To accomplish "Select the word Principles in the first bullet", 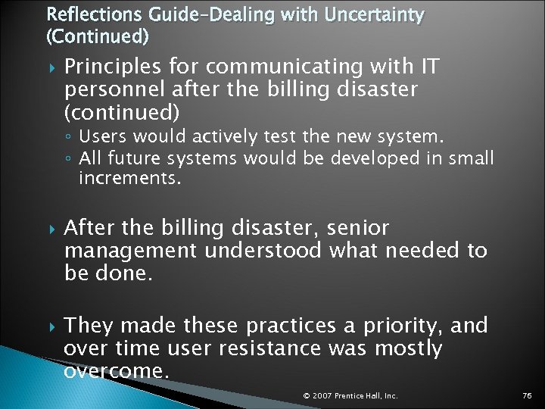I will coord(114,67).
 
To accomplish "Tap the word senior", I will coord(356,228).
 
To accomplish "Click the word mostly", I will coord(405,348).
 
